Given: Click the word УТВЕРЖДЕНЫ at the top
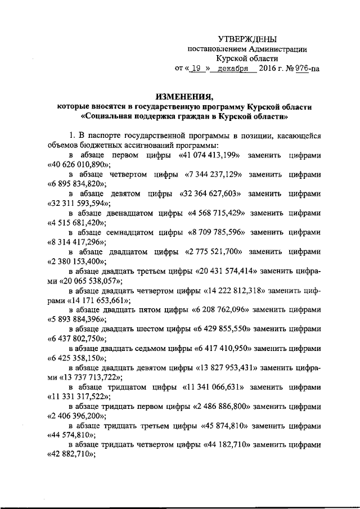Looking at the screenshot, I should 247,39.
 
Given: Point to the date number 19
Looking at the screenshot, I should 196,69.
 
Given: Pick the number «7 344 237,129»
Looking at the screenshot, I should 215,174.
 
